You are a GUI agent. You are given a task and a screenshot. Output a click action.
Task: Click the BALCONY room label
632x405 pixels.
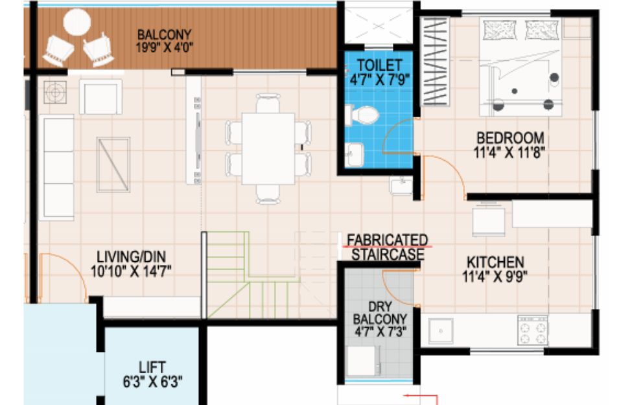(x=164, y=34)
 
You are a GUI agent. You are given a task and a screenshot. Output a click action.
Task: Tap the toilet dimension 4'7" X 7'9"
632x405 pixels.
(x=380, y=80)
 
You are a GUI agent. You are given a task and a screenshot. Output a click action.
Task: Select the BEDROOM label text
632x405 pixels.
(x=510, y=138)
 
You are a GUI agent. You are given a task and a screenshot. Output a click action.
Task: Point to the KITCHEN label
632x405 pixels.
(x=495, y=262)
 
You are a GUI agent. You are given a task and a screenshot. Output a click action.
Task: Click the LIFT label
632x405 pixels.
(x=152, y=367)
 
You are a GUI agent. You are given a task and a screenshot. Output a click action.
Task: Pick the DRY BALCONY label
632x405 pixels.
(x=380, y=313)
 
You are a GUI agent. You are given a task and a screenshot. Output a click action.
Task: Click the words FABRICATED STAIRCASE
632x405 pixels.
(x=388, y=247)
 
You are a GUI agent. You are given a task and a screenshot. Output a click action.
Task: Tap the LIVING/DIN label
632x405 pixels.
(x=131, y=257)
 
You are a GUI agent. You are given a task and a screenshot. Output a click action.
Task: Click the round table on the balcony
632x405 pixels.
(x=77, y=23)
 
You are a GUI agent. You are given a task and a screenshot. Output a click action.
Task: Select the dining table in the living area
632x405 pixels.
(x=268, y=148)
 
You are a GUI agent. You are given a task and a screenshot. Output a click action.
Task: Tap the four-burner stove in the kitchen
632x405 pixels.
(x=533, y=330)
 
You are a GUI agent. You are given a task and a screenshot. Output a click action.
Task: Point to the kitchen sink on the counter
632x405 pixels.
(x=441, y=331)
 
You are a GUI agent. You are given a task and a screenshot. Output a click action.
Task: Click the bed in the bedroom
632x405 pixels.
(x=521, y=67)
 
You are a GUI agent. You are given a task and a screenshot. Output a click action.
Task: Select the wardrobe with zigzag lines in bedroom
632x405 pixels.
(x=436, y=62)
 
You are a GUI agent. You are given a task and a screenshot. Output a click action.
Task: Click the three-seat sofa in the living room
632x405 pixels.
(x=57, y=168)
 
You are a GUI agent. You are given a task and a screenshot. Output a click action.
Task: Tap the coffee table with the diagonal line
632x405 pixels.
(x=113, y=165)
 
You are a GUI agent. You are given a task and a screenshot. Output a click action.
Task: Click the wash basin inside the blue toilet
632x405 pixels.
(x=355, y=155)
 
